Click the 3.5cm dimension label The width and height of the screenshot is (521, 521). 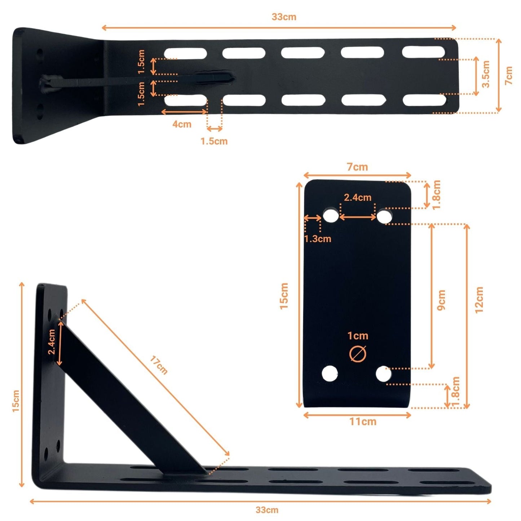486,74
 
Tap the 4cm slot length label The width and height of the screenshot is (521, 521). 182,124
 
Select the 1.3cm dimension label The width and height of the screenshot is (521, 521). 317,239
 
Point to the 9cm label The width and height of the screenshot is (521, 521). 441,300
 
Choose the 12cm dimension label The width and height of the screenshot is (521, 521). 479,300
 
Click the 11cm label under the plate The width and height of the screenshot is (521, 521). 363,421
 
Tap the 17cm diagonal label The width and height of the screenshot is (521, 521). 159,365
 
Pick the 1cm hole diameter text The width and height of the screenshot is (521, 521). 358,336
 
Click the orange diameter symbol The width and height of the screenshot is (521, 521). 358,354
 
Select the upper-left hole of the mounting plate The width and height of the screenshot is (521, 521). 330,216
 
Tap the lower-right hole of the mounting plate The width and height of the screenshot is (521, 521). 384,374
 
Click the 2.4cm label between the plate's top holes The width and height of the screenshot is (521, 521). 357,198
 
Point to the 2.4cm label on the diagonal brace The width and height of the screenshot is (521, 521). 52,341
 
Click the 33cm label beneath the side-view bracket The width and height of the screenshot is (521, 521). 267,510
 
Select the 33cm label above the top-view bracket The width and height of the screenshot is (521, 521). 284,17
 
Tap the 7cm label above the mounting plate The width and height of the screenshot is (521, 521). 357,167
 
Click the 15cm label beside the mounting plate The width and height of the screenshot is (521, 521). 284,296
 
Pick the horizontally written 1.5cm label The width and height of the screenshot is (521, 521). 214,141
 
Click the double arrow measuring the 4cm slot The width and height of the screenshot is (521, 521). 184,112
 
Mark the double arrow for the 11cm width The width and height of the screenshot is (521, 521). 357,415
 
